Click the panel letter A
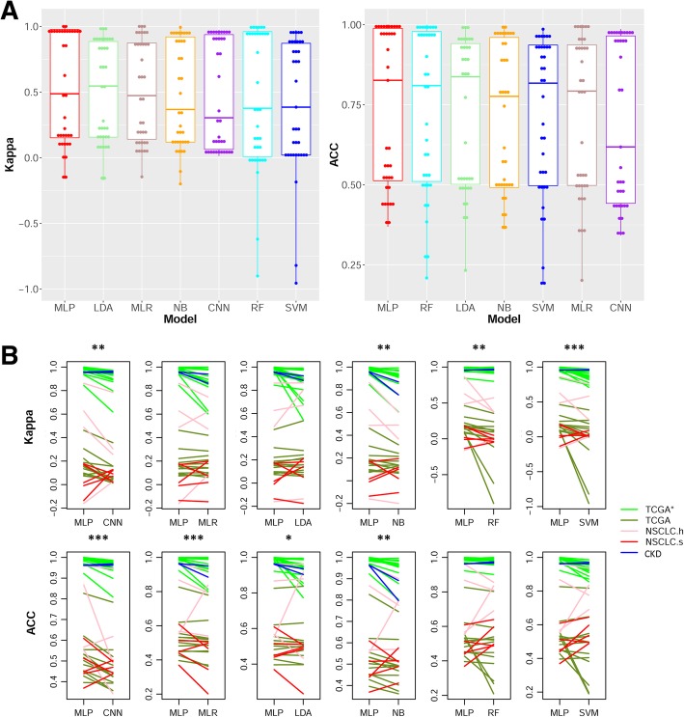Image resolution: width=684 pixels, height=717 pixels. click(12, 11)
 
